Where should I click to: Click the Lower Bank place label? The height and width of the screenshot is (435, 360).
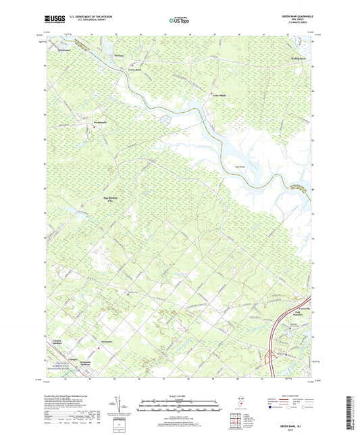pos(217,95)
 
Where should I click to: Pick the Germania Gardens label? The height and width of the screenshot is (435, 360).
pos(100,364)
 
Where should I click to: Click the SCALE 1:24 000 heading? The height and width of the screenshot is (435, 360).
pos(179,395)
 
